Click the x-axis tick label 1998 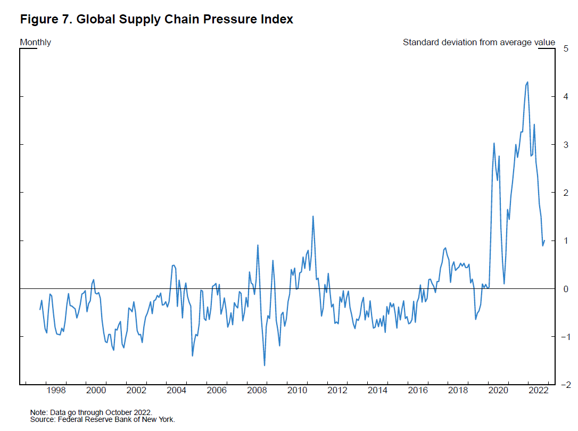(56, 391)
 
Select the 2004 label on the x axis (177, 391)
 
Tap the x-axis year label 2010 (298, 391)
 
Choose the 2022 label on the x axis (538, 391)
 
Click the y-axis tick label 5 (566, 48)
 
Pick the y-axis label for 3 (566, 145)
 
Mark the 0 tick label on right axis (566, 289)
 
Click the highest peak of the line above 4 (527, 82)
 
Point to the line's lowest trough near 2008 (265, 366)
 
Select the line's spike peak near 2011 (313, 216)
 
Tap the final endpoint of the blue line (544, 241)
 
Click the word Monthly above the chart (36, 42)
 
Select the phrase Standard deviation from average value (478, 42)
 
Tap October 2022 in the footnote (131, 412)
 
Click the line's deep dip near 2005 (192, 355)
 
